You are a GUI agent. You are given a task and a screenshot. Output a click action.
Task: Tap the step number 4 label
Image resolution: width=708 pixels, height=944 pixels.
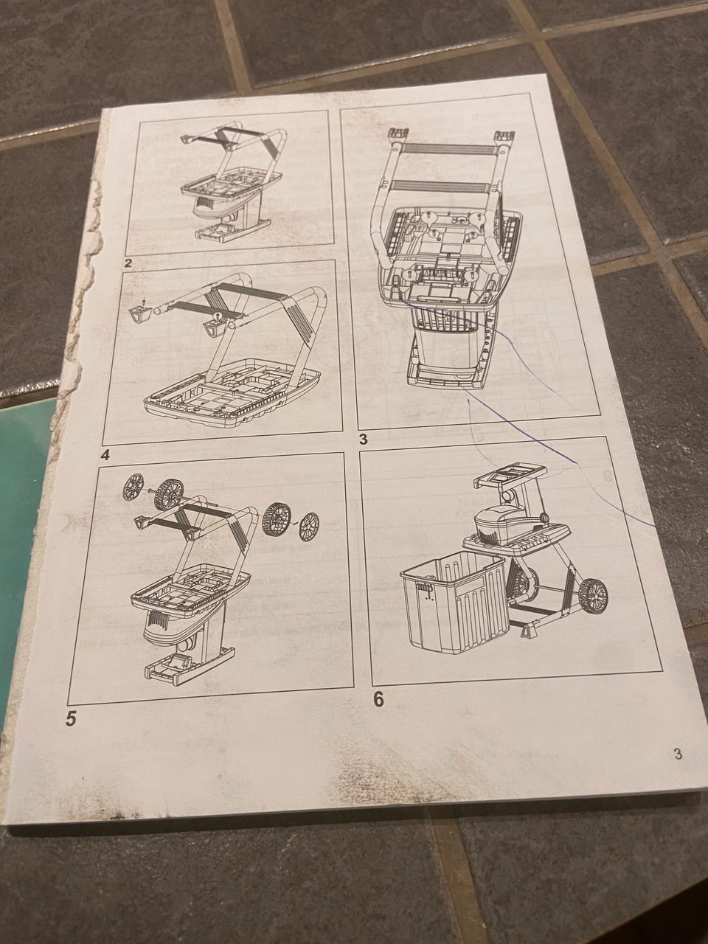click(x=105, y=454)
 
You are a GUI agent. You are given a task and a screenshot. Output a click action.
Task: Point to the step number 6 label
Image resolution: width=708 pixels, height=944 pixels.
click(x=378, y=699)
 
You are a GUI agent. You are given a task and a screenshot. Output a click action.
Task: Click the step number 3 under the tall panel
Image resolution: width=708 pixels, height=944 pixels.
click(x=363, y=440)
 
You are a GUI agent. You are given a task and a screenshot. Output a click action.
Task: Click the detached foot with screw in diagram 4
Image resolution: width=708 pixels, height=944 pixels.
click(x=140, y=311)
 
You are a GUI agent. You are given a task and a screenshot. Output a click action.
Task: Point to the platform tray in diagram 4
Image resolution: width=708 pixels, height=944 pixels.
click(x=232, y=394)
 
